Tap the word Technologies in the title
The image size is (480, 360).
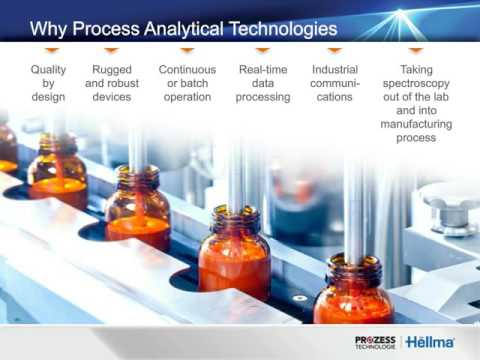[295, 26]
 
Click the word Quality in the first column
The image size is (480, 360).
[48, 69]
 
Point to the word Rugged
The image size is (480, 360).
[112, 69]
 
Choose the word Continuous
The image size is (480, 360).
[187, 69]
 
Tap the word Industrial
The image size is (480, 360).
[335, 69]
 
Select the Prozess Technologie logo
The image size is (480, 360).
[376, 341]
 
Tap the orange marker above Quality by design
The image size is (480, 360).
[48, 49]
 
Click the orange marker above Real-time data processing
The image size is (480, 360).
[263, 49]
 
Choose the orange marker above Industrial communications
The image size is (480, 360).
[335, 49]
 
